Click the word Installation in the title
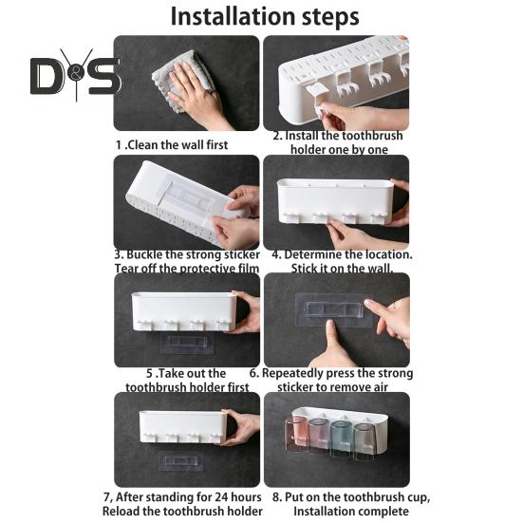228,16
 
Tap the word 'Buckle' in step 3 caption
150,254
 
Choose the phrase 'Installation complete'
352,511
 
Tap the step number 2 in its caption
276,136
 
